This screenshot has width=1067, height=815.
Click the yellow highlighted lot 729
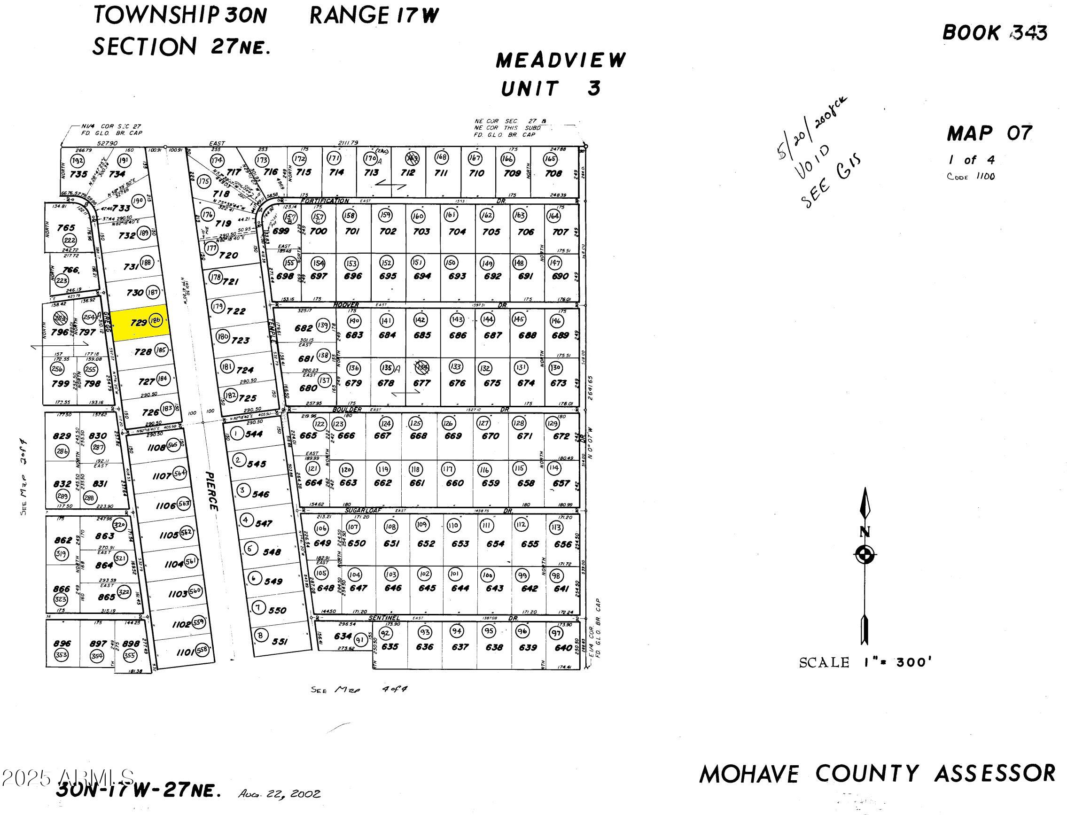140,322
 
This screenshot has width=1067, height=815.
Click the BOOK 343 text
995,33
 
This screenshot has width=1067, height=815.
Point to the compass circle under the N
864,553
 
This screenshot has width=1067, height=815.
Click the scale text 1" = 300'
865,663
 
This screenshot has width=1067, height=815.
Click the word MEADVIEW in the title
561,61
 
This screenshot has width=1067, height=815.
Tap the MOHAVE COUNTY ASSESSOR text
877,774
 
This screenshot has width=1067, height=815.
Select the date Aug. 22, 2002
279,794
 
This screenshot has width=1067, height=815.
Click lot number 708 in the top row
553,174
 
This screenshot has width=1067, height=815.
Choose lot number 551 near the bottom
280,641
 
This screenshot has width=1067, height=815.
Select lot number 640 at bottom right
563,648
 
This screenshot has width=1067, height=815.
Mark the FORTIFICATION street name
324,201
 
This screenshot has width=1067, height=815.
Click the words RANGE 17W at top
374,16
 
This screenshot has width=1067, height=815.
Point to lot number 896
62,644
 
